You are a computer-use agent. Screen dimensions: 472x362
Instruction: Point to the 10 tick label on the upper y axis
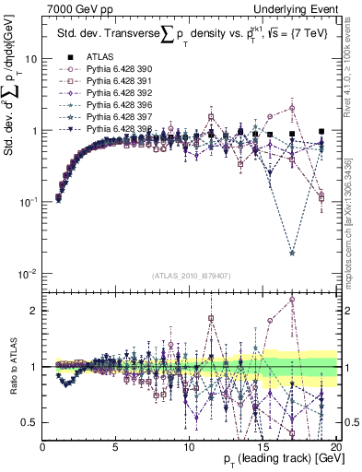point(29,57)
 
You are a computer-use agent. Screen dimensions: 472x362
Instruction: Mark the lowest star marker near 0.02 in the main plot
point(291,252)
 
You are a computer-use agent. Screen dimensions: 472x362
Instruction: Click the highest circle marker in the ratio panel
point(291,299)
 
